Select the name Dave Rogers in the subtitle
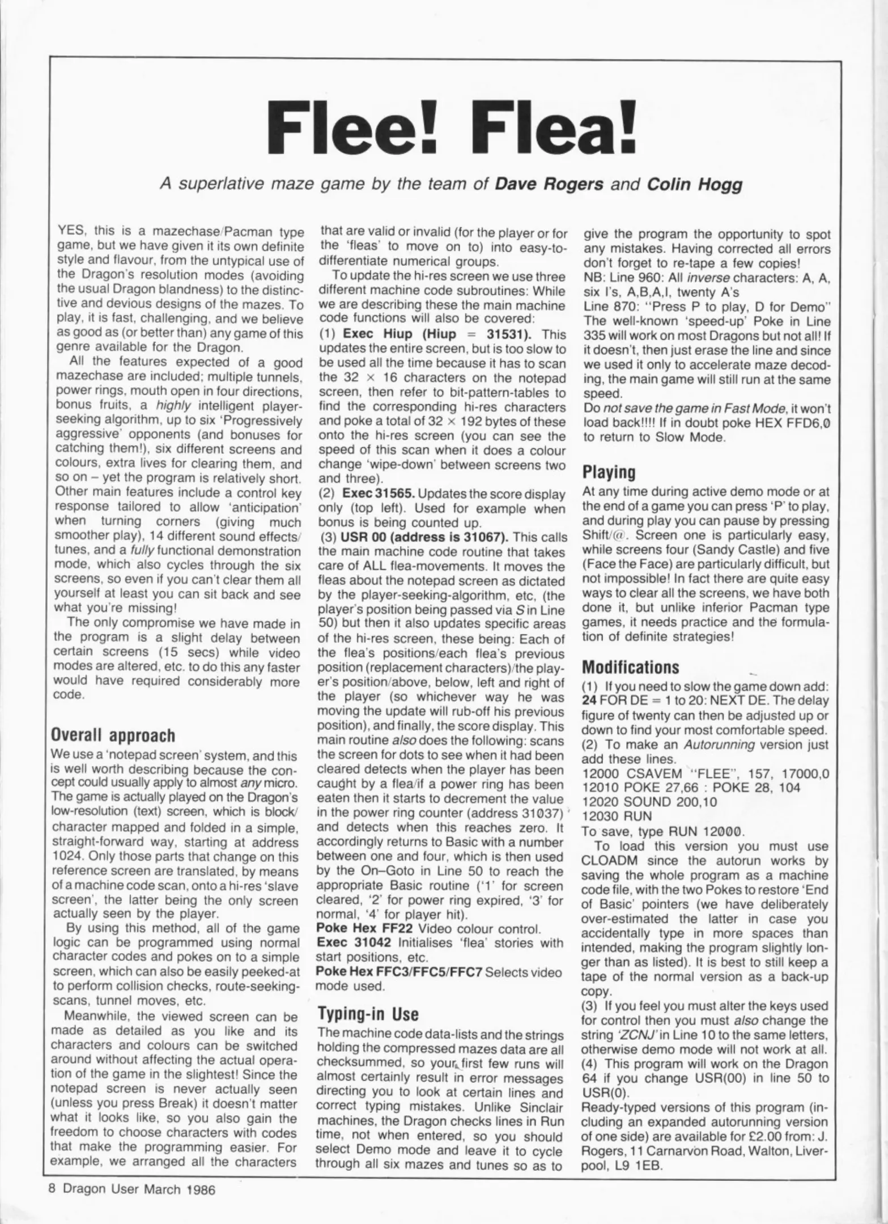tap(547, 185)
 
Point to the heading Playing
tap(609, 473)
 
